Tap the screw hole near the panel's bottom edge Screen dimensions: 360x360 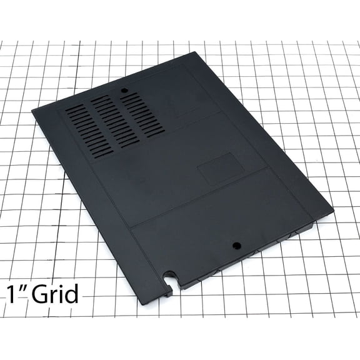point(237,244)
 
